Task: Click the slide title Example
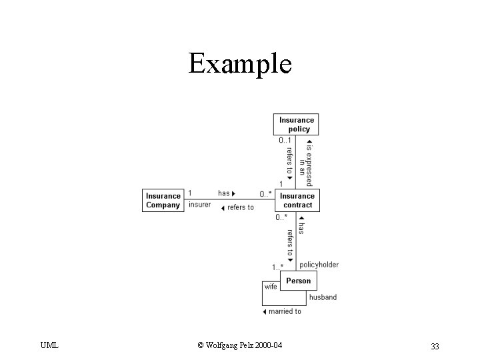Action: point(240,64)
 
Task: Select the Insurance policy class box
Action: point(297,124)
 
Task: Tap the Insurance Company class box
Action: point(163,200)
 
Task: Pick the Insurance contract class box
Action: point(297,200)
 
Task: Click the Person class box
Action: point(298,281)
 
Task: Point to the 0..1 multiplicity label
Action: point(285,141)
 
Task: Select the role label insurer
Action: point(200,205)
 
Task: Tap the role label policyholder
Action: point(319,265)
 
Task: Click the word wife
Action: point(271,287)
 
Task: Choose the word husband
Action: point(323,297)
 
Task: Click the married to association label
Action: point(282,311)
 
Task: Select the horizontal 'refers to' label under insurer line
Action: point(237,207)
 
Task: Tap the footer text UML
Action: point(49,345)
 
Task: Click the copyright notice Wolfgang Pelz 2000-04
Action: point(240,345)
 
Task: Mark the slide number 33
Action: point(435,345)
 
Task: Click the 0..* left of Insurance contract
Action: point(265,194)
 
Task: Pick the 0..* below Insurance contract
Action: point(282,217)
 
